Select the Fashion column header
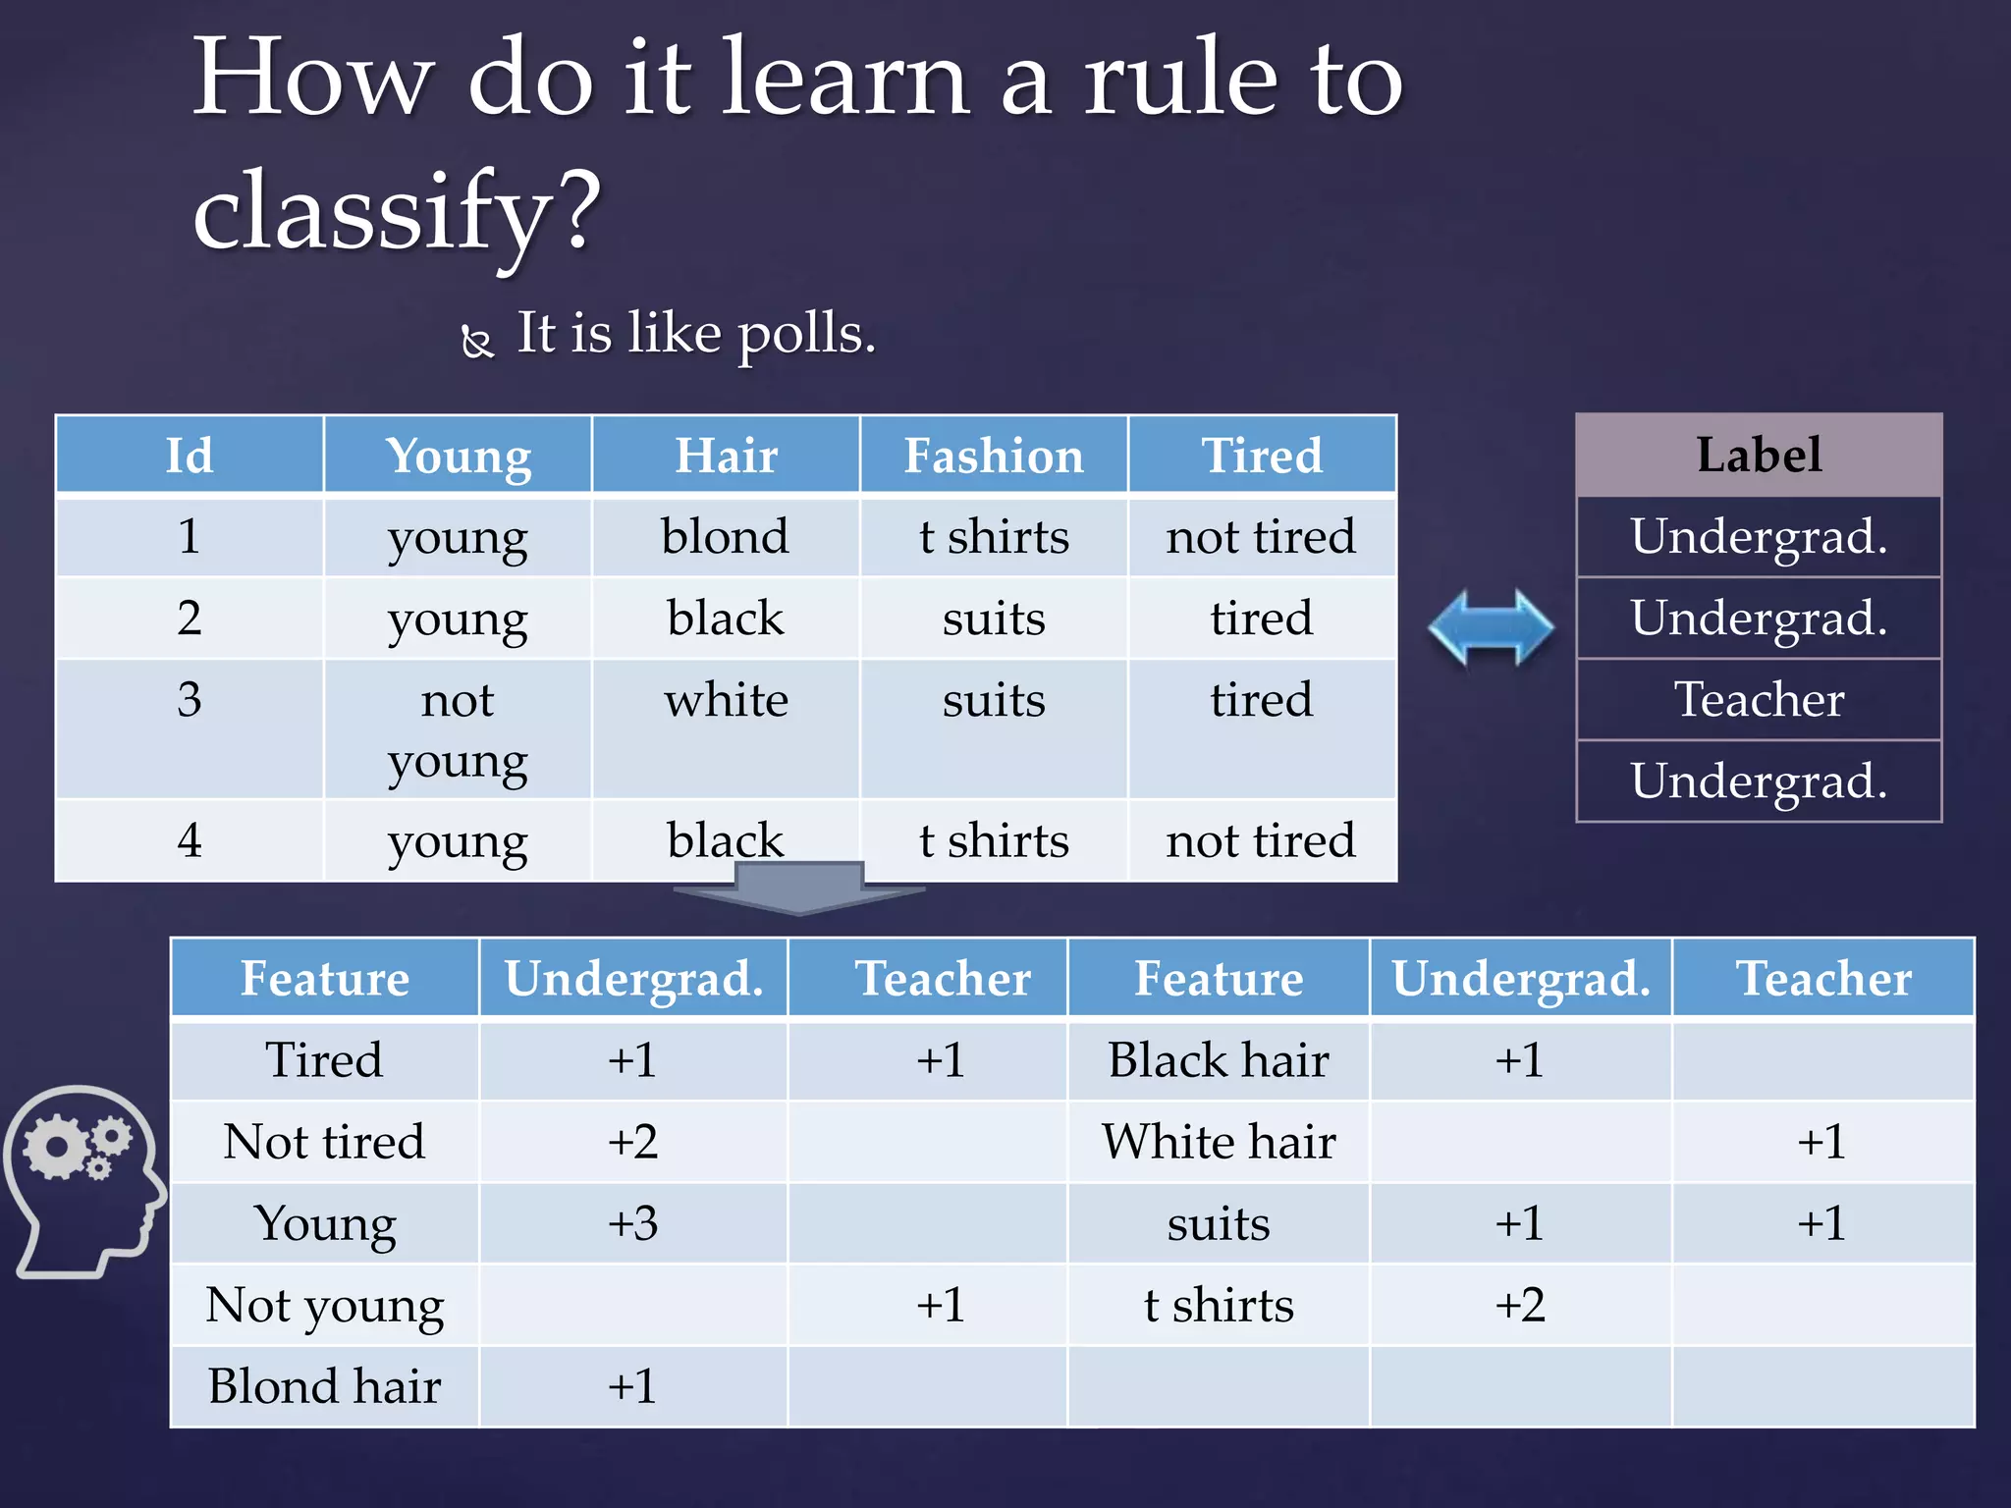click(x=993, y=456)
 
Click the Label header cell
click(x=1758, y=455)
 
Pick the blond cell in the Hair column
click(x=725, y=537)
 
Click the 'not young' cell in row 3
click(x=458, y=728)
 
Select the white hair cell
click(x=726, y=701)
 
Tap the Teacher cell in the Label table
click(x=1758, y=700)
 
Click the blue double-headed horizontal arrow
click(x=1491, y=627)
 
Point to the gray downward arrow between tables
click(x=798, y=888)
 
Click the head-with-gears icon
click(x=84, y=1179)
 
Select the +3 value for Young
click(x=632, y=1223)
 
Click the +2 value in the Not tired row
click(x=632, y=1142)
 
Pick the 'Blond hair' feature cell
click(x=324, y=1386)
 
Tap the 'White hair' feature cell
click(x=1218, y=1142)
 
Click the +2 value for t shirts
click(x=1519, y=1305)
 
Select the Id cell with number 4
click(x=190, y=840)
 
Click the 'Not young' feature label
click(x=324, y=1305)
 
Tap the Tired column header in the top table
click(x=1261, y=456)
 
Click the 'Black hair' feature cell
click(x=1218, y=1060)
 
